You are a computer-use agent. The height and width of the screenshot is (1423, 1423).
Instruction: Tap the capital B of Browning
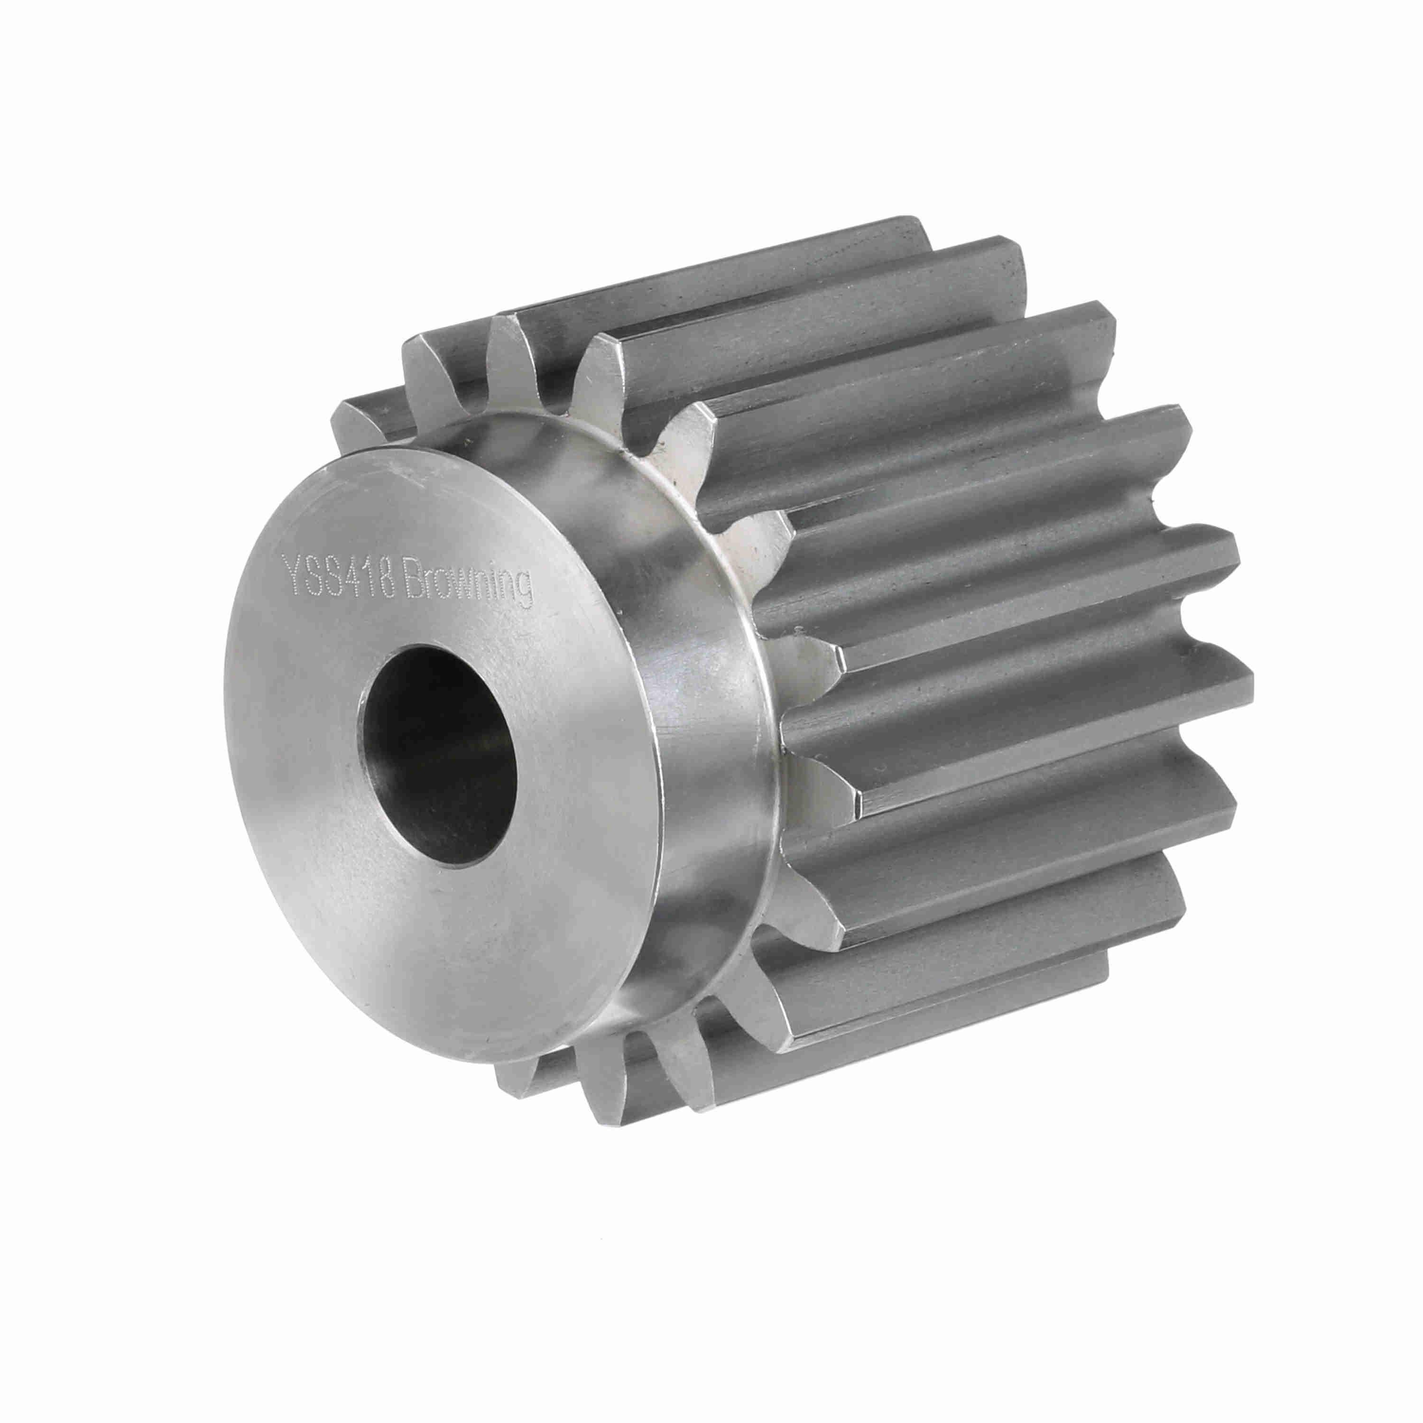pos(410,579)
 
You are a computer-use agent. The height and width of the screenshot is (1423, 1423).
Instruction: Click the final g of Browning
pos(525,590)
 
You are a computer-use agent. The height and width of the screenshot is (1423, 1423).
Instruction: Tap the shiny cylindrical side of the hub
pos(700,737)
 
